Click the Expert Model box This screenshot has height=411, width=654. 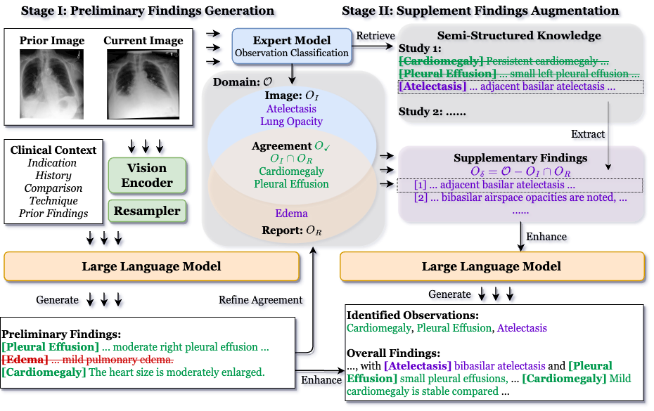(292, 46)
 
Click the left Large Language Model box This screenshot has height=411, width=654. (151, 266)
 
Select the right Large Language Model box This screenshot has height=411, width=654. (492, 266)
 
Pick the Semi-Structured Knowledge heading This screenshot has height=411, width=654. (519, 36)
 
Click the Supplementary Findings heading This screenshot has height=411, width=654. (520, 158)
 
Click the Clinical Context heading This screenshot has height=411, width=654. (53, 150)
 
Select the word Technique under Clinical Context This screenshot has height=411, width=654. (53, 201)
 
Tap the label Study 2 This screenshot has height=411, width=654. (420, 112)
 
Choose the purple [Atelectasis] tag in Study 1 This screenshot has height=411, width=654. (432, 86)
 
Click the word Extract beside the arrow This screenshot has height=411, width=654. (589, 133)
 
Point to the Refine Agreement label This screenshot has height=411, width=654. (262, 301)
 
